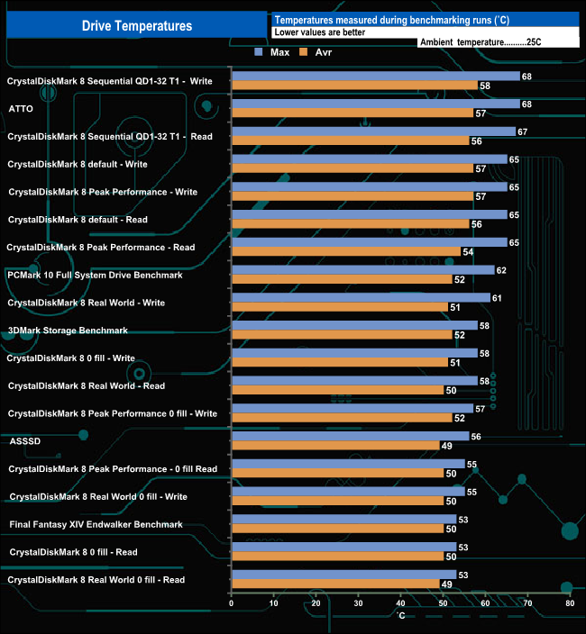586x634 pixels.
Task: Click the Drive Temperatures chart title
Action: pos(136,26)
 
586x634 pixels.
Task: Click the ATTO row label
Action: pos(21,109)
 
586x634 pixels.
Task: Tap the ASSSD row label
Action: pos(24,441)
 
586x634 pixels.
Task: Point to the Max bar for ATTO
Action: pos(376,104)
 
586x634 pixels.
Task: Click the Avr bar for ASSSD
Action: pos(335,446)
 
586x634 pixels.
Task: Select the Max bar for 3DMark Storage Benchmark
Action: pos(354,325)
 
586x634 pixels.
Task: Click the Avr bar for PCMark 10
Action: pos(342,279)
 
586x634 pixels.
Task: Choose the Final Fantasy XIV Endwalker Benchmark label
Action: pos(96,524)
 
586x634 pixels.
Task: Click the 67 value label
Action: pos(522,131)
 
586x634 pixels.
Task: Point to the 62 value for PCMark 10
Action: pos(501,269)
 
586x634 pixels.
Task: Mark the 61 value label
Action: pos(497,297)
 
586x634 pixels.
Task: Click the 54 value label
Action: pos(468,251)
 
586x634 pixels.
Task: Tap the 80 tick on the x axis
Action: pos(569,603)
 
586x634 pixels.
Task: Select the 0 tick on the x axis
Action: pos(232,603)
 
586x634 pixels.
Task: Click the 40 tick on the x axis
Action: pos(400,603)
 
